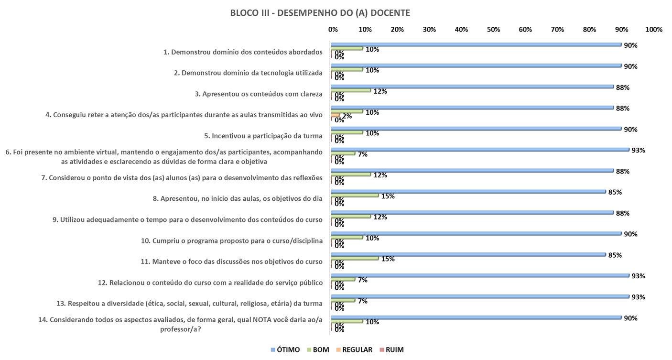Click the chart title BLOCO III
click(320, 13)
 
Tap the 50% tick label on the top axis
click(493, 30)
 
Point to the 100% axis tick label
click(653, 30)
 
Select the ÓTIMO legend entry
click(285, 349)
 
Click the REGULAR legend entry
click(354, 349)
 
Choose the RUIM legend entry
click(391, 349)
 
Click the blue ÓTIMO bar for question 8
click(469, 192)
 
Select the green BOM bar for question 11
click(355, 258)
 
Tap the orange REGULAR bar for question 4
click(336, 115)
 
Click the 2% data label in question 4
click(347, 116)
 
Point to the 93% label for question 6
click(638, 150)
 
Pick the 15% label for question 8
click(388, 196)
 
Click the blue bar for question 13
click(481, 296)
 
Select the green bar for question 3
click(351, 90)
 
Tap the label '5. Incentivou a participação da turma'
click(263, 136)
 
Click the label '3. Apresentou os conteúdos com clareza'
click(259, 94)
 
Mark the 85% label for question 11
click(615, 255)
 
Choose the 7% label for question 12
click(363, 280)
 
